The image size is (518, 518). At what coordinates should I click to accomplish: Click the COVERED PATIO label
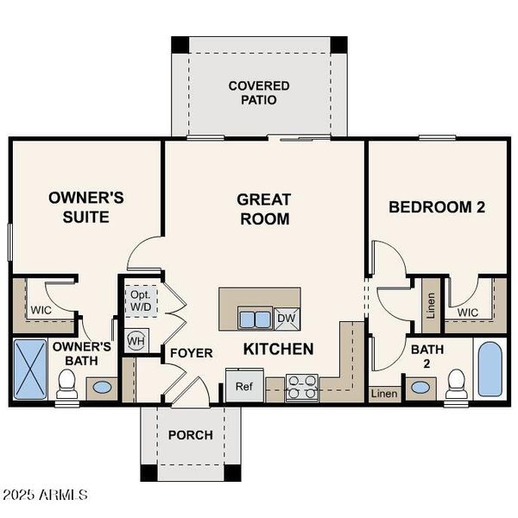259,93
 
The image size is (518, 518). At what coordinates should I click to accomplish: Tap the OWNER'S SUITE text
85,207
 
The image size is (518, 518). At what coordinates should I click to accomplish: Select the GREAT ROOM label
263,209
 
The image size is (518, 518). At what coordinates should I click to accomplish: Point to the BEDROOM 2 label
436,207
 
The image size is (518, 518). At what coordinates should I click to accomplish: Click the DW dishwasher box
287,319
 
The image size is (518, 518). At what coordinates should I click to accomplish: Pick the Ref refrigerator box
244,386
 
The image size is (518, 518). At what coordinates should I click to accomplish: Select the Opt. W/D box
141,300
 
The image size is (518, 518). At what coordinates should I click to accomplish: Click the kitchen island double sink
254,319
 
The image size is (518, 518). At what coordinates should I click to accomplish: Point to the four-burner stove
302,387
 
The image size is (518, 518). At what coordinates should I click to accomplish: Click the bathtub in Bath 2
490,370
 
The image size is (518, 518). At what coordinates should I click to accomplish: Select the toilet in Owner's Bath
67,385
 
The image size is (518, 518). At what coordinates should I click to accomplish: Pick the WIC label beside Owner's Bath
41,309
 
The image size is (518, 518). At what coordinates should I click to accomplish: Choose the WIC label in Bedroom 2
468,312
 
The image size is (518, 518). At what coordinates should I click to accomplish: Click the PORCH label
190,435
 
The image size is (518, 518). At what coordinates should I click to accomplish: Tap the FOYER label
191,353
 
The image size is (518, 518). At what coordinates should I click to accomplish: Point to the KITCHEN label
277,349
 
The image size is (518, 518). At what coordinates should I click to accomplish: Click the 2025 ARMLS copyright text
45,495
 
